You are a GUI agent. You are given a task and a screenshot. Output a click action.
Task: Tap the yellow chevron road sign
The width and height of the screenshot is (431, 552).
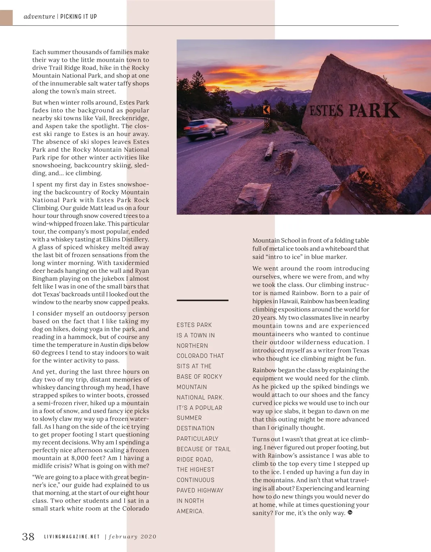click(x=266, y=110)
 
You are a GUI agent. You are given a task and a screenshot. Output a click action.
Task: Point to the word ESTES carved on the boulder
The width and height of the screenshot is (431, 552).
click(x=326, y=111)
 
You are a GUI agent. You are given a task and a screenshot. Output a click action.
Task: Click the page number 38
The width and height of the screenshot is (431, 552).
click(x=28, y=537)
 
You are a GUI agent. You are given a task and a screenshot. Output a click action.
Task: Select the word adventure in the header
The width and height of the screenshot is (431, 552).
click(x=39, y=17)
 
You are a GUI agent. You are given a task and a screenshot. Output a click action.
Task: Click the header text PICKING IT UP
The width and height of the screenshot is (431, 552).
click(x=79, y=17)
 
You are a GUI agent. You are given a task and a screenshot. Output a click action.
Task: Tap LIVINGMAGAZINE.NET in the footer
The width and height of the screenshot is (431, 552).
click(x=72, y=537)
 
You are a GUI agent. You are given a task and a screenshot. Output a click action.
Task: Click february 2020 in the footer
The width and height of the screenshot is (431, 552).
click(x=133, y=537)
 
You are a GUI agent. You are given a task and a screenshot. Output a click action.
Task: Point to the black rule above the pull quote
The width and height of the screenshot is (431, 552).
click(x=203, y=300)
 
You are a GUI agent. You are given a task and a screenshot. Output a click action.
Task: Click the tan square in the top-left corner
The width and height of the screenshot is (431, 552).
click(x=6, y=18)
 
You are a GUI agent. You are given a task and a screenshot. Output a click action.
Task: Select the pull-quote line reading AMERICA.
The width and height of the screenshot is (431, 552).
click(x=190, y=511)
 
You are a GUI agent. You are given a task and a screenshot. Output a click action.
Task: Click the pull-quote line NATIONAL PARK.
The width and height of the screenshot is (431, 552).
click(x=200, y=397)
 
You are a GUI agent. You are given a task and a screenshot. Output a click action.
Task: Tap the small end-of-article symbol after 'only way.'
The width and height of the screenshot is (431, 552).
click(x=350, y=513)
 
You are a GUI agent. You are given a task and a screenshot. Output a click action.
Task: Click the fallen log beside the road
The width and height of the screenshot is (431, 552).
click(x=269, y=151)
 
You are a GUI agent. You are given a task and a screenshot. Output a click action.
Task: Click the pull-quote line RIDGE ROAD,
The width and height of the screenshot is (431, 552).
click(x=195, y=459)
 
